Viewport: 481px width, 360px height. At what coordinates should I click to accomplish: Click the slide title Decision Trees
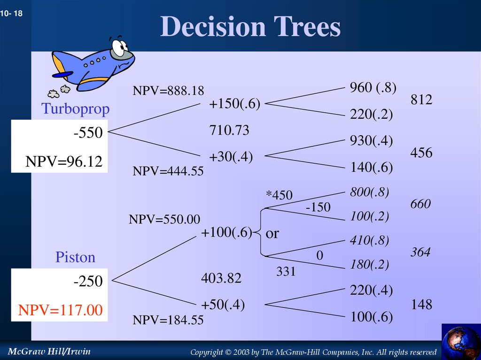click(250, 27)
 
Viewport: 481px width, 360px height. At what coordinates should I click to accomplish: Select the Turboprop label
click(75, 109)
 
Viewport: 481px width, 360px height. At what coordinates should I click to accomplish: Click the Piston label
click(75, 257)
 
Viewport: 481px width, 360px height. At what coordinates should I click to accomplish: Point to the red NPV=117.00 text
click(60, 310)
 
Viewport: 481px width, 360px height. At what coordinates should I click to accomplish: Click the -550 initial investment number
click(88, 133)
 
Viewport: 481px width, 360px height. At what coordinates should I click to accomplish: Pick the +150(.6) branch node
click(234, 104)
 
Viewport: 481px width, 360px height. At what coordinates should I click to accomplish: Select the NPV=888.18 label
click(168, 91)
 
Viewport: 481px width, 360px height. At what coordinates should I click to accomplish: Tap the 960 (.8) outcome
click(373, 88)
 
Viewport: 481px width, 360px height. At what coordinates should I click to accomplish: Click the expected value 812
click(421, 100)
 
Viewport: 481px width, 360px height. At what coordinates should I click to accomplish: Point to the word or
click(272, 233)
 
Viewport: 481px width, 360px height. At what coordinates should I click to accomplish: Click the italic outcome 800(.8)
click(369, 192)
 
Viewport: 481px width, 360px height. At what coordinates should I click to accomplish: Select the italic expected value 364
click(420, 252)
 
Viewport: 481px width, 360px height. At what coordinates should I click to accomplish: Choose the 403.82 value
click(221, 278)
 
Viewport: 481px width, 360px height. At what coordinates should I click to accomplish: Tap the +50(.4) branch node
click(223, 305)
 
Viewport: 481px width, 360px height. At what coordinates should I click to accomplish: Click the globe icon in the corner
click(461, 342)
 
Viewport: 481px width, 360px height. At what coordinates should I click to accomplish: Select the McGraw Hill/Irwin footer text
click(46, 351)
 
